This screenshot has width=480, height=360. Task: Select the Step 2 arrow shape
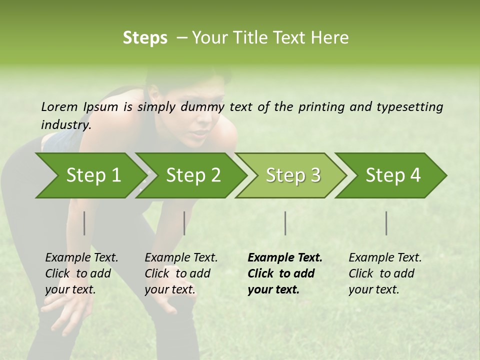(x=193, y=175)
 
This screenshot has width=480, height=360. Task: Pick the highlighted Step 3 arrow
(x=293, y=175)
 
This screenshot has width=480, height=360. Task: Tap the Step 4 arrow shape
(x=393, y=175)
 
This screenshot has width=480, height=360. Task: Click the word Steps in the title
(x=145, y=38)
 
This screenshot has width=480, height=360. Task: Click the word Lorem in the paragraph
(x=59, y=106)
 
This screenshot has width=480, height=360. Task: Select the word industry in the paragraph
(x=65, y=124)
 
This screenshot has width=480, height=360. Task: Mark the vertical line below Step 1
(x=84, y=223)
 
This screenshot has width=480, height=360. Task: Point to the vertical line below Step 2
(x=184, y=223)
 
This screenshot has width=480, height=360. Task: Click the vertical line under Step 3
(x=285, y=223)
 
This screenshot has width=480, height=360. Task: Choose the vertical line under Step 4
(x=386, y=223)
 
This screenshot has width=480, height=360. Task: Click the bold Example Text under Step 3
(x=285, y=258)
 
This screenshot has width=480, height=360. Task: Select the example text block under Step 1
(x=81, y=273)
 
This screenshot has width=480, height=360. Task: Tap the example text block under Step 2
(x=181, y=273)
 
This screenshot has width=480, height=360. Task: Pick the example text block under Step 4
(x=385, y=273)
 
